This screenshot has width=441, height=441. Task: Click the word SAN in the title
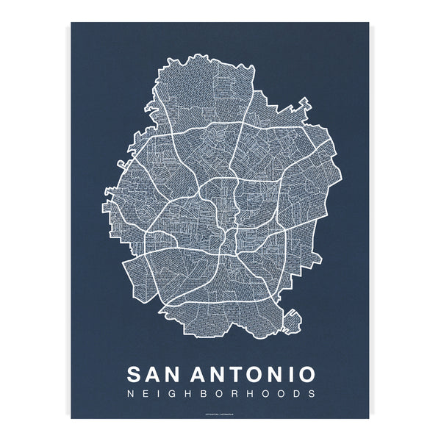(x=156, y=373)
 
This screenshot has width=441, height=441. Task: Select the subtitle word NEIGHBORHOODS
(x=221, y=394)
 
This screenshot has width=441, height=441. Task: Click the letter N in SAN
(x=176, y=373)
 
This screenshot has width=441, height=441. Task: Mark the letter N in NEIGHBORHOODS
(x=132, y=394)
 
